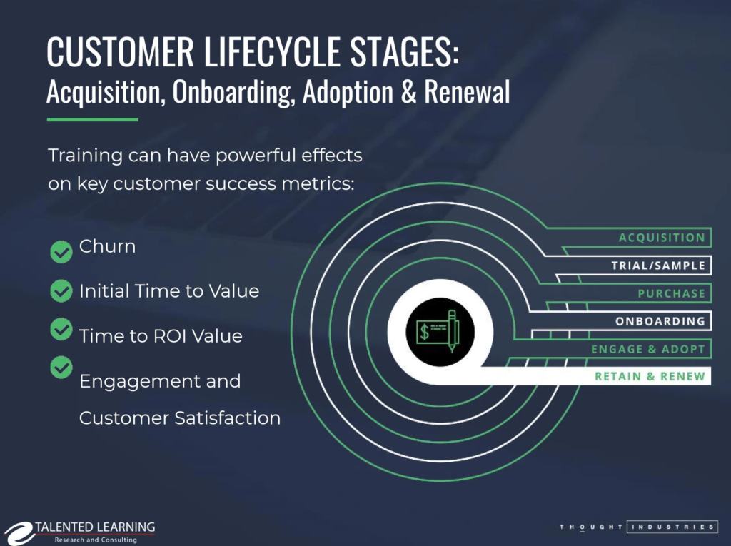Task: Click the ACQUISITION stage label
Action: click(x=662, y=238)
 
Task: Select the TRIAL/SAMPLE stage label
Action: click(x=657, y=266)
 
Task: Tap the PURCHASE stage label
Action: click(x=671, y=293)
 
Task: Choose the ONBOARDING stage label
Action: click(x=660, y=321)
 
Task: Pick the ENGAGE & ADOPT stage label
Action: click(x=647, y=349)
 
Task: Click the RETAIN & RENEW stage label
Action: click(x=650, y=376)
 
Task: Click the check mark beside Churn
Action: click(x=62, y=252)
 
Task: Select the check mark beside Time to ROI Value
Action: click(x=62, y=329)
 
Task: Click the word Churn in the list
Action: click(x=107, y=246)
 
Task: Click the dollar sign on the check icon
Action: click(x=425, y=331)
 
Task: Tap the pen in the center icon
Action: click(x=451, y=330)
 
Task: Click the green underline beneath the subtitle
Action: click(x=91, y=119)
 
